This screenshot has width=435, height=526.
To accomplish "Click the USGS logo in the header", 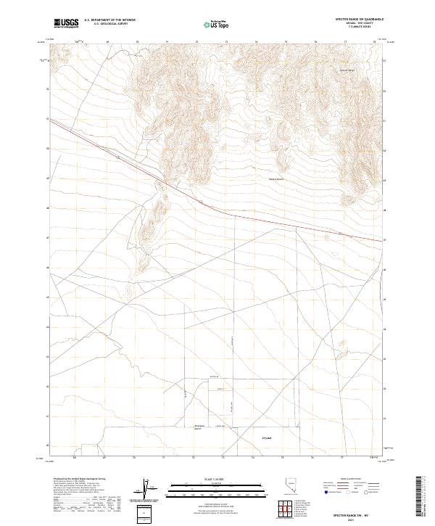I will (x=67, y=24).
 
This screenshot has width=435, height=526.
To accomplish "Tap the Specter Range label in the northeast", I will (x=328, y=70).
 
